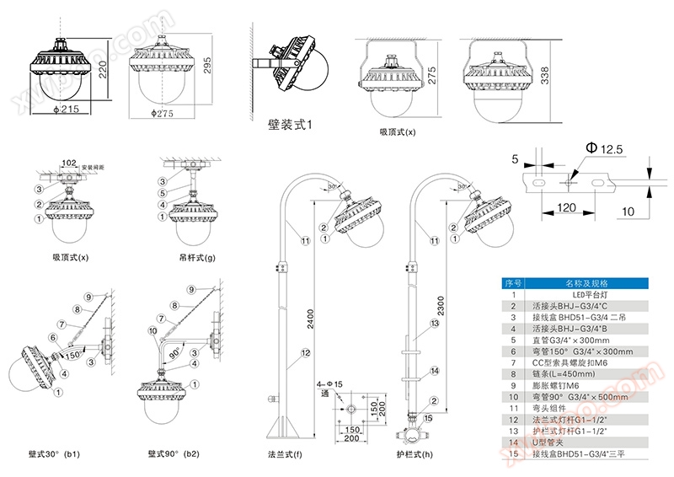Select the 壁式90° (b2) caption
(x=174, y=453)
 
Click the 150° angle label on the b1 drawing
(x=75, y=355)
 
